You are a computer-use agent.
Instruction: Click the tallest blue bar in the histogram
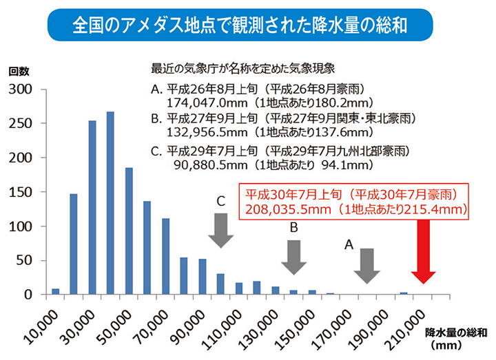coord(110,203)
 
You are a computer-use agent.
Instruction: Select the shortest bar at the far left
coord(56,291)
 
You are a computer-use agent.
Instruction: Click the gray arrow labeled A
coord(367,265)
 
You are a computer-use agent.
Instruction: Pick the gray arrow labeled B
coord(294,257)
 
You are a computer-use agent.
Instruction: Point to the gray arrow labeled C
coord(220,230)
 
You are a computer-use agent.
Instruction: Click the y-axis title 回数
coord(19,71)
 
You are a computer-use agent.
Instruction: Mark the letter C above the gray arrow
coord(220,202)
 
